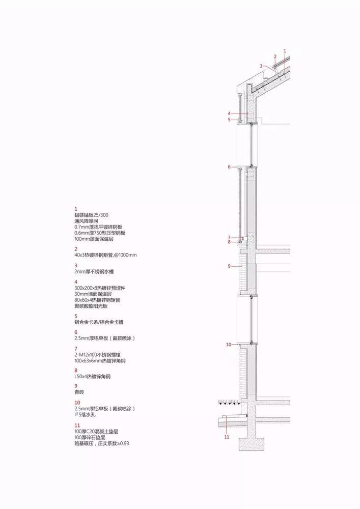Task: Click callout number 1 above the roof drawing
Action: click(285, 50)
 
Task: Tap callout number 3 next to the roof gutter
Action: click(261, 66)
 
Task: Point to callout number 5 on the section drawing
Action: click(229, 120)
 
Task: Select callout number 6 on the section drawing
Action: click(229, 167)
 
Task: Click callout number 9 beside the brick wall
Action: click(229, 266)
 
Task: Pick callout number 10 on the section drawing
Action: click(229, 345)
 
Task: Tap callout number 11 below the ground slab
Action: click(227, 437)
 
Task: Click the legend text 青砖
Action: click(79, 392)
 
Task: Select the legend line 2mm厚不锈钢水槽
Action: click(94, 272)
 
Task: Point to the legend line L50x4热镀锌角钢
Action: click(93, 377)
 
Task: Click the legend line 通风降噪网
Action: click(87, 221)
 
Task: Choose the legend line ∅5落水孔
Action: click(85, 415)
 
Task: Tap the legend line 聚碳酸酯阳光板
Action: click(91, 306)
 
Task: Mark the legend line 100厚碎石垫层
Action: click(90, 438)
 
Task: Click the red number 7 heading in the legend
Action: click(76, 349)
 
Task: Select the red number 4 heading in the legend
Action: click(76, 282)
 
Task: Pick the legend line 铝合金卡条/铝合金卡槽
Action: click(99, 322)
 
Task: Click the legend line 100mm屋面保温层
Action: click(94, 239)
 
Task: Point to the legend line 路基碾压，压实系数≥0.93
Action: click(102, 443)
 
